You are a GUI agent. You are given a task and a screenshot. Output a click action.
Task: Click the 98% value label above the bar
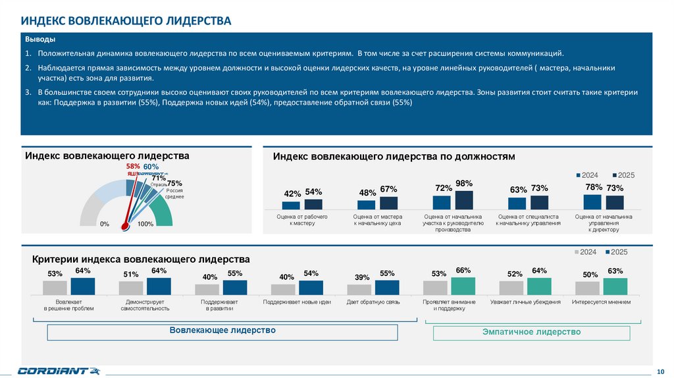coord(465,184)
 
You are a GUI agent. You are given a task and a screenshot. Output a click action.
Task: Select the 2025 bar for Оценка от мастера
coord(389,203)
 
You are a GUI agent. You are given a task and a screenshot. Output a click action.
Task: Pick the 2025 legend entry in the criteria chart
coord(616,252)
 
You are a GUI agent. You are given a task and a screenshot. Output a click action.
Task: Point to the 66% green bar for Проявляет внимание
coord(463,285)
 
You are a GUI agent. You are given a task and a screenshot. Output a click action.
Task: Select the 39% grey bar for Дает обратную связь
coord(359,289)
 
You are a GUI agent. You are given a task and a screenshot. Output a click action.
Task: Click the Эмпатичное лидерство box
coord(531,333)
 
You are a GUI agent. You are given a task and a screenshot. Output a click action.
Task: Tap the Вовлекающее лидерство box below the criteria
coord(222,330)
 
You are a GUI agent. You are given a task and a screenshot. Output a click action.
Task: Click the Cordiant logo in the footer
coord(59,370)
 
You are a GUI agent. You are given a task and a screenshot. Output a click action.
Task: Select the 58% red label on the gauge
coord(133,167)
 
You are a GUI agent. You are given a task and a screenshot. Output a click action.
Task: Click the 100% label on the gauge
coord(145,225)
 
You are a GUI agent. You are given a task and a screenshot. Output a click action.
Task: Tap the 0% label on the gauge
coord(105,225)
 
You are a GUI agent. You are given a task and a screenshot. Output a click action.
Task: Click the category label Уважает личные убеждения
coord(525,302)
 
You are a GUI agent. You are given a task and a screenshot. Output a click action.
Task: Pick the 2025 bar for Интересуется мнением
coord(615,286)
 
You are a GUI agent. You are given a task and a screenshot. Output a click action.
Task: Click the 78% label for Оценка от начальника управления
coord(594,187)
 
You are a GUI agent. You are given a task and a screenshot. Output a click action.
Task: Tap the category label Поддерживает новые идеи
coord(296,302)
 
